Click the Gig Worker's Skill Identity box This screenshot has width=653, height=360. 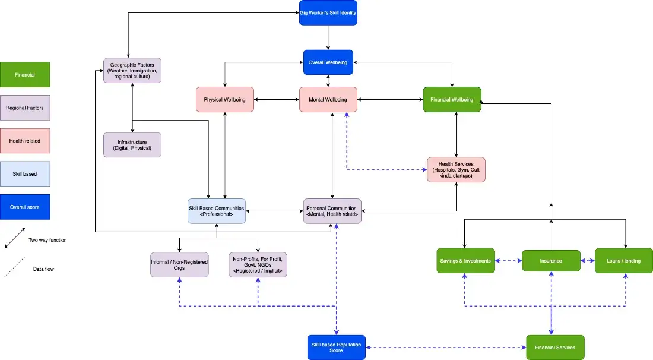[x=328, y=13]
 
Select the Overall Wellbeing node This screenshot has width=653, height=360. [x=328, y=62]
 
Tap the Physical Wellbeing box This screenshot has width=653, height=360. [x=225, y=100]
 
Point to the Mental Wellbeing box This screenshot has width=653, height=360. [x=328, y=100]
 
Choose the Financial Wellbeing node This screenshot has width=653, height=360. [x=452, y=100]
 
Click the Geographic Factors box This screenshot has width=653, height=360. [x=132, y=71]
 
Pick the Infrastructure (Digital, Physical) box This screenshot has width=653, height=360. [x=132, y=145]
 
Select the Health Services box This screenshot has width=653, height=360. [x=457, y=169]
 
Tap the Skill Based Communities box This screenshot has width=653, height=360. [x=217, y=211]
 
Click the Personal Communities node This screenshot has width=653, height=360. [x=332, y=211]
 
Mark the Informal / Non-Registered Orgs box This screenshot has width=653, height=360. [x=179, y=265]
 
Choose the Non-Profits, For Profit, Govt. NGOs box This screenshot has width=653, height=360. [x=258, y=265]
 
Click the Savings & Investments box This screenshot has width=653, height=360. [x=465, y=261]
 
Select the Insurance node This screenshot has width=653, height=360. [x=551, y=261]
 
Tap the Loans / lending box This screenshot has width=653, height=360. [x=624, y=261]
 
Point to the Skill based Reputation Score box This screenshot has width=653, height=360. [x=337, y=348]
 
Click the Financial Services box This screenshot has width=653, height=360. [x=556, y=348]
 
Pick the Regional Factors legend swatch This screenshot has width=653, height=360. [x=25, y=108]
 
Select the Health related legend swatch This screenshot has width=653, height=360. [x=25, y=141]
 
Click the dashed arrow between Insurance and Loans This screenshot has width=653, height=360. [x=588, y=261]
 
